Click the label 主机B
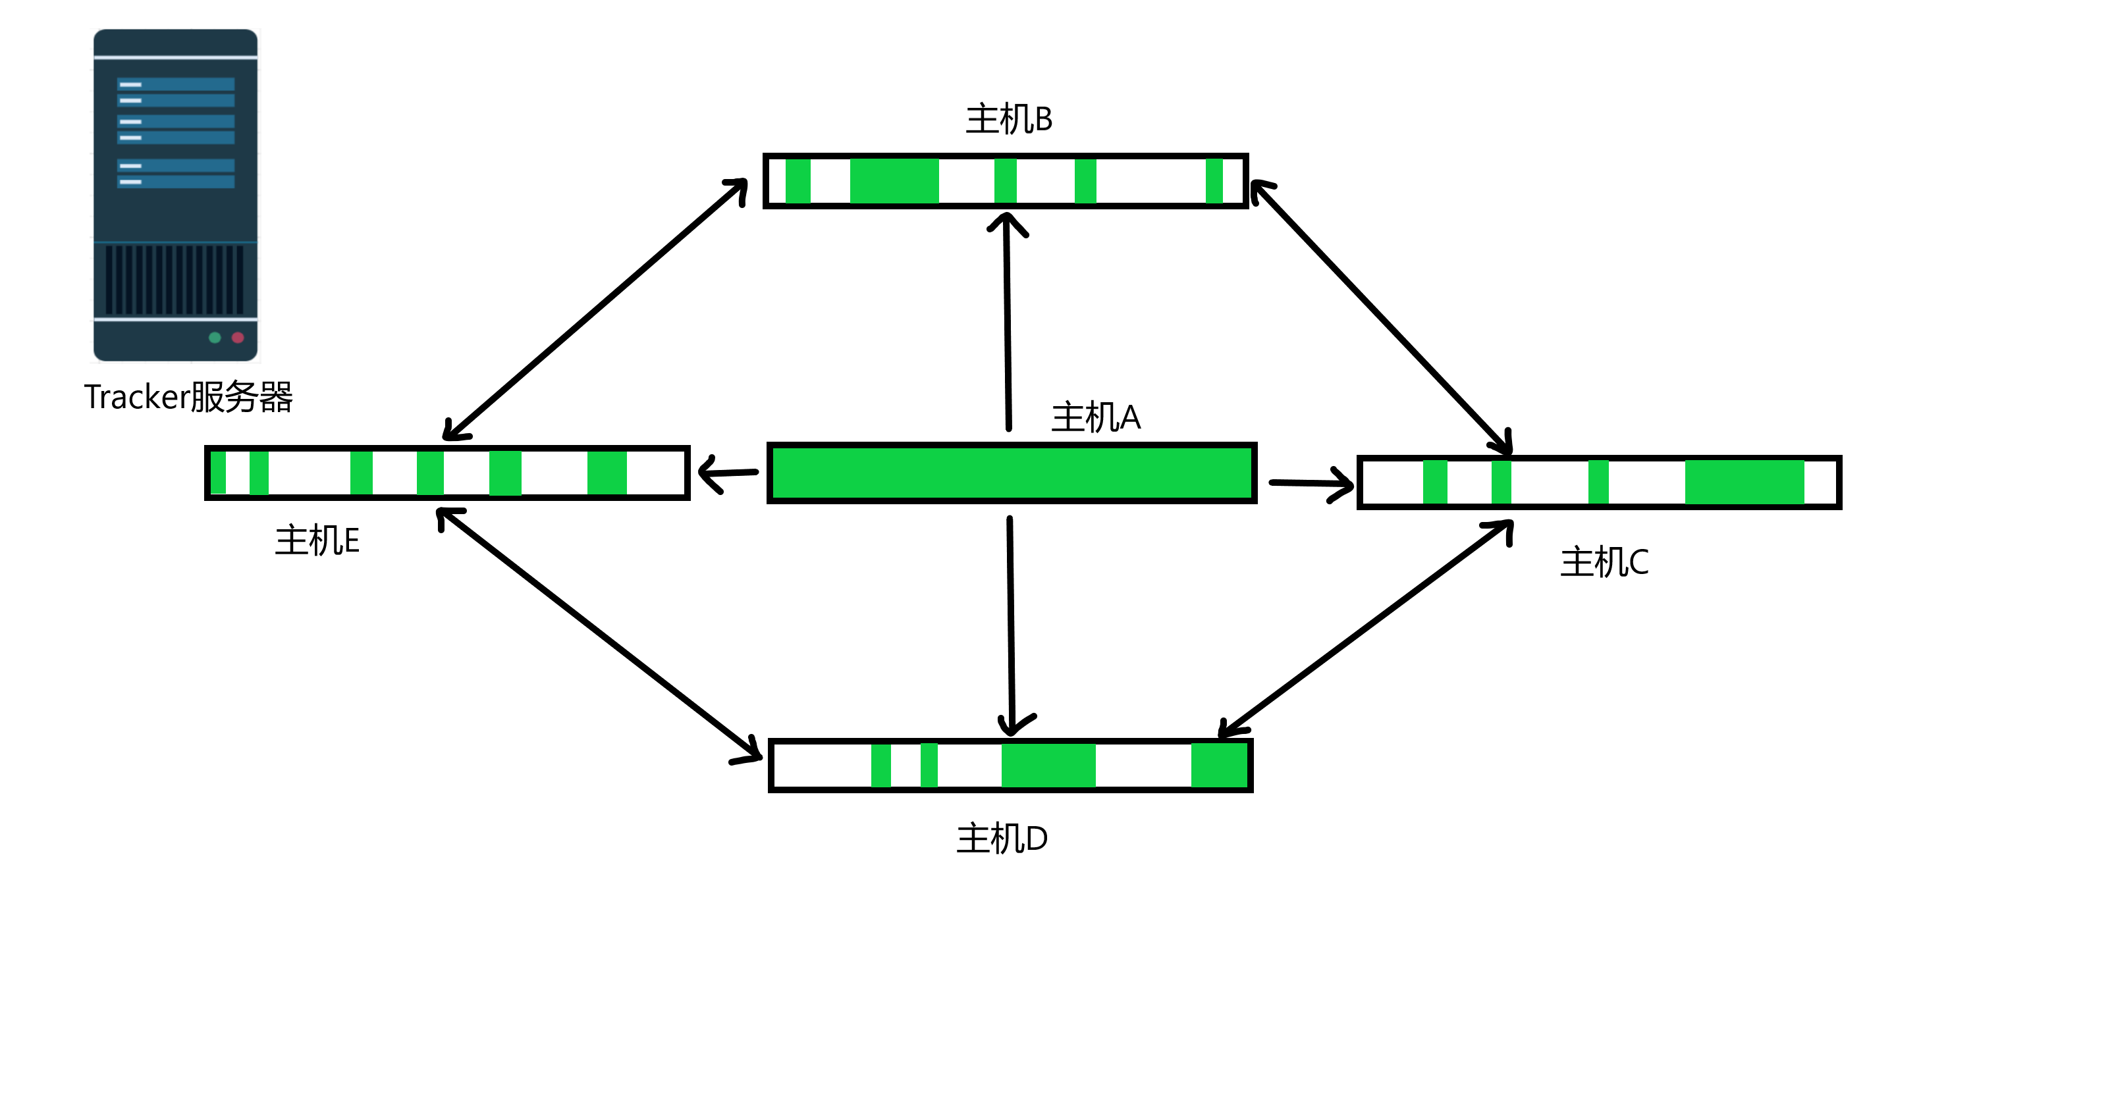pos(1008,120)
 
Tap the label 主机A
pos(1095,417)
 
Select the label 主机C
pos(1604,563)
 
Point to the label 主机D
pos(1002,839)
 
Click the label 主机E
pos(317,540)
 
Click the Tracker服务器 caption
pos(188,397)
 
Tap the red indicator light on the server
pos(238,337)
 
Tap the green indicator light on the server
pos(215,337)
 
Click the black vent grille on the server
pos(175,279)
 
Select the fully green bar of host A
pos(1012,473)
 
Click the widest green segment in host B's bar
pos(894,181)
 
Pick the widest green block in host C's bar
pos(1744,483)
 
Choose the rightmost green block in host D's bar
pos(1218,766)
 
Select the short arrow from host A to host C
pos(1311,483)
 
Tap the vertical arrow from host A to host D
pos(1012,622)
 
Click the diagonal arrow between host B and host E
pos(595,309)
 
